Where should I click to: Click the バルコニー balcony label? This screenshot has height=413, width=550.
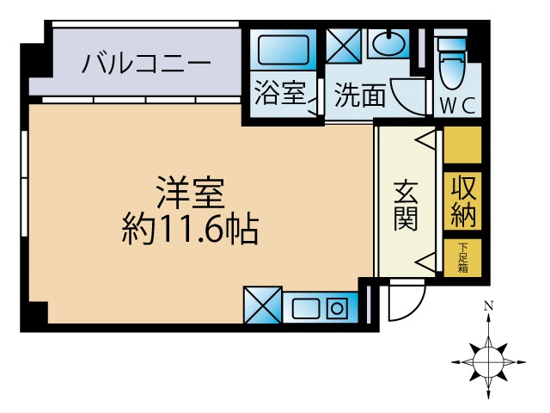(x=146, y=63)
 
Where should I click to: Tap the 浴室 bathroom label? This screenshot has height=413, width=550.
(x=280, y=93)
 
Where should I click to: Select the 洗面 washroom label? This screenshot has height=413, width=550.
(x=360, y=95)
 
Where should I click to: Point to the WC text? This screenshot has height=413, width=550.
(x=458, y=105)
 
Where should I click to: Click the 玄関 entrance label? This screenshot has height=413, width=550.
(x=406, y=206)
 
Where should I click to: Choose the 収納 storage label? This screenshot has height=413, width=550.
(x=463, y=201)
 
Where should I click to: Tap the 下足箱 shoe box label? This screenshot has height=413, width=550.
(x=463, y=257)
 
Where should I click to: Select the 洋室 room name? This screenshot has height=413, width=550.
(x=191, y=193)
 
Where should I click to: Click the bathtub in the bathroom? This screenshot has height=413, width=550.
(x=284, y=50)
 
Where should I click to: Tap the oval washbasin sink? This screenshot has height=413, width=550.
(x=389, y=44)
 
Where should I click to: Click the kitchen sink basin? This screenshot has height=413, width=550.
(x=306, y=308)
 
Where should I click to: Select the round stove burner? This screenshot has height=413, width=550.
(x=337, y=309)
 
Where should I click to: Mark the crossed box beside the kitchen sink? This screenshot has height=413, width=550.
(x=263, y=305)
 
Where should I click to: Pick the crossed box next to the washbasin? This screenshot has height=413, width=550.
(x=344, y=46)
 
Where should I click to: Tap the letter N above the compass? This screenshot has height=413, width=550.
(x=488, y=306)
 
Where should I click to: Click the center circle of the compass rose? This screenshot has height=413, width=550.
(x=488, y=361)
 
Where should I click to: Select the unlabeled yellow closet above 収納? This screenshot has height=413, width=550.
(x=462, y=145)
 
